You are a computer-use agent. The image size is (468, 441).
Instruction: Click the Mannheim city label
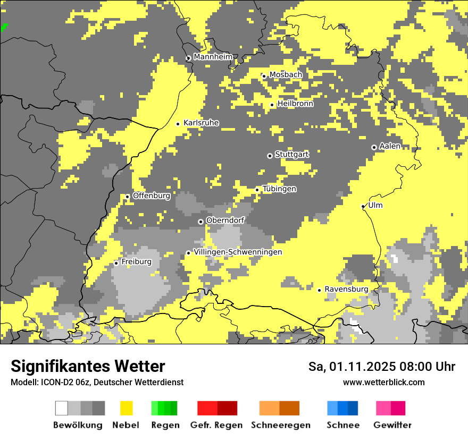point(213,57)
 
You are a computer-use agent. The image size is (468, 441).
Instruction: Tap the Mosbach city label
point(286,75)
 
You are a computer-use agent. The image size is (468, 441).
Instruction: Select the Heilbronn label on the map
point(295,104)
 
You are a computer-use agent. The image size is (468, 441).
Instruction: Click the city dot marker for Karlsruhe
point(178,124)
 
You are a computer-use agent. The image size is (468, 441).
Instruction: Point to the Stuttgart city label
point(291,155)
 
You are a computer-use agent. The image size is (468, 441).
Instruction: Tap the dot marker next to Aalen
point(374,147)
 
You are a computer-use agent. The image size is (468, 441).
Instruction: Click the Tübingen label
point(279,189)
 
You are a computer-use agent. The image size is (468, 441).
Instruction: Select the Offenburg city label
point(151,196)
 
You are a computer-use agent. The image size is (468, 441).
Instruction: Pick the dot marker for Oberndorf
point(200,222)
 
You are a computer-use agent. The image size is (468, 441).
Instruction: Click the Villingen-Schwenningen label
point(238,252)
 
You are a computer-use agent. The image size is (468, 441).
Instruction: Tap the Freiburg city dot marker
point(116,263)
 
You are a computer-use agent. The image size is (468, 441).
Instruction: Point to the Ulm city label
point(375,206)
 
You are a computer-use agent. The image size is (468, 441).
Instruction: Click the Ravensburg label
point(346,289)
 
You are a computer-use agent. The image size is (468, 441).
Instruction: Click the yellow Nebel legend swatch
point(126,408)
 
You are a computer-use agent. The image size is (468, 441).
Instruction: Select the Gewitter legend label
point(392,425)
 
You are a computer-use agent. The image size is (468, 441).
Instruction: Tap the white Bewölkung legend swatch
point(62,408)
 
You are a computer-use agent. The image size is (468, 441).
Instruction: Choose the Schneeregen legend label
point(280,425)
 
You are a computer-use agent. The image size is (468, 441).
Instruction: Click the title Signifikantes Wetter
point(88,366)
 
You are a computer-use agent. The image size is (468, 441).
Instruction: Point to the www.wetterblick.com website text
point(383,382)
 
